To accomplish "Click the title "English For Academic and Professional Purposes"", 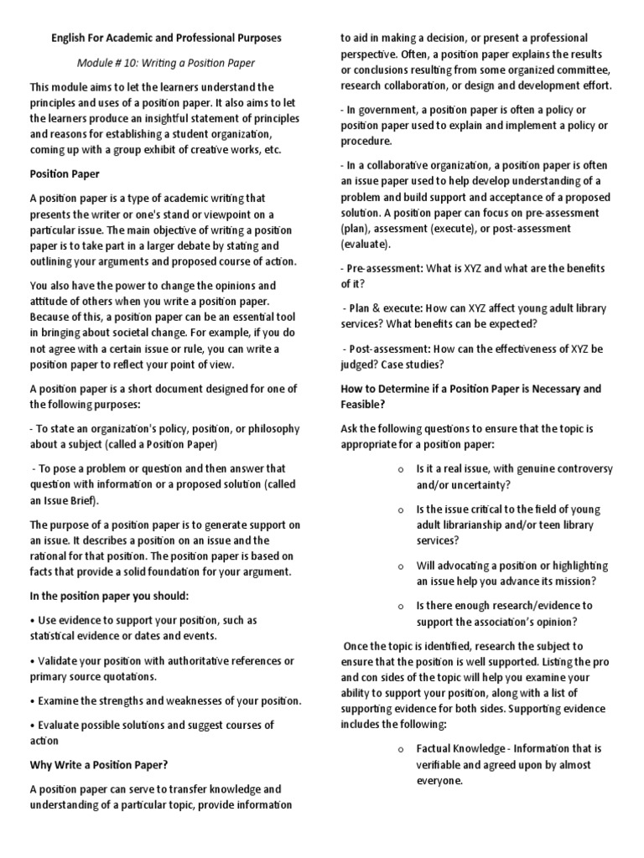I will [x=166, y=39].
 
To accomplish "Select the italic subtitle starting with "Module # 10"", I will [x=165, y=63].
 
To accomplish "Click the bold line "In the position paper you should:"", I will [x=110, y=596].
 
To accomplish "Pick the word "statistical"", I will [x=59, y=637].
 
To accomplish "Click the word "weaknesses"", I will [x=202, y=700].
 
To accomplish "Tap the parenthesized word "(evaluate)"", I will [x=366, y=245].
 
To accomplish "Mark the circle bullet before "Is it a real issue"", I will [x=402, y=469].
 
